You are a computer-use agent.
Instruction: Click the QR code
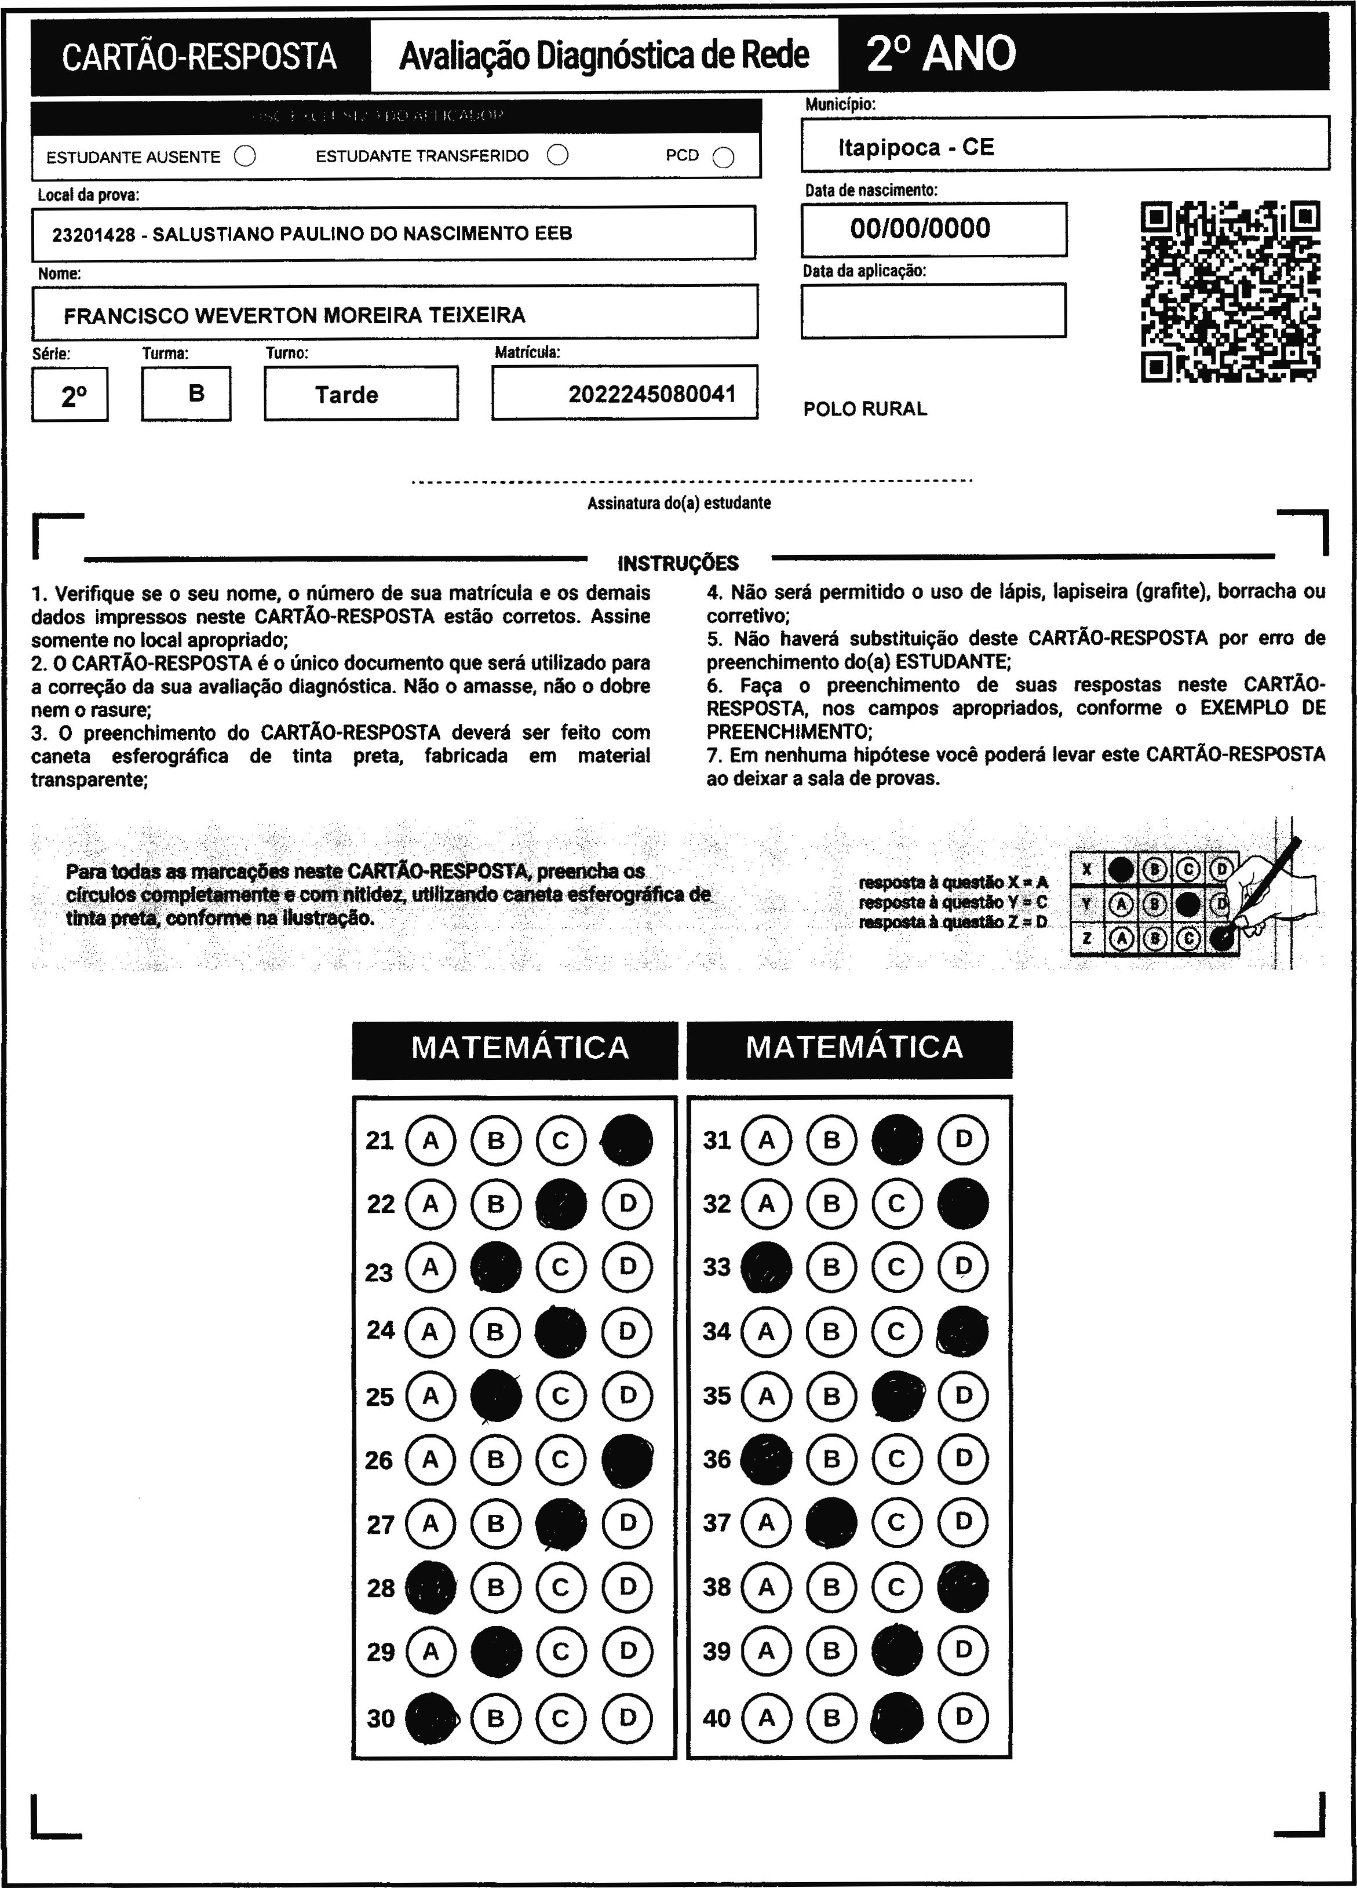(1230, 291)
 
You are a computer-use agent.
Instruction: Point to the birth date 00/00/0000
(920, 228)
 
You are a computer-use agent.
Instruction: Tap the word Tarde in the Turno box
(346, 395)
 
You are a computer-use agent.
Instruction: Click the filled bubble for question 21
(627, 1140)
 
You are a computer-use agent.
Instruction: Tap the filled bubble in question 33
(766, 1267)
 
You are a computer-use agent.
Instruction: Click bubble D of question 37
(963, 1522)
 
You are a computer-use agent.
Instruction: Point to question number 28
(381, 1587)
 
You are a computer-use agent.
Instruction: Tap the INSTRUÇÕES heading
(678, 564)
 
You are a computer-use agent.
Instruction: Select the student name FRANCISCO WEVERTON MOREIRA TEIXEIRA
(295, 315)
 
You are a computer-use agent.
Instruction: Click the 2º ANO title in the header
(941, 54)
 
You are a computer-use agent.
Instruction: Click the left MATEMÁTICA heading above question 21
(520, 1047)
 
